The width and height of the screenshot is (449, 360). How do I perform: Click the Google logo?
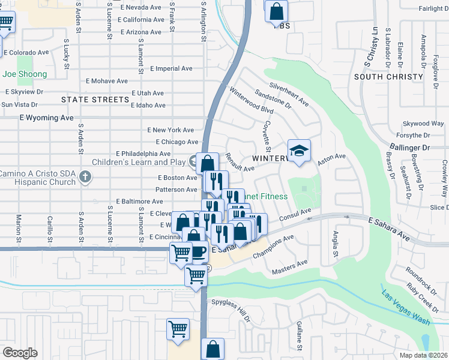[20, 353]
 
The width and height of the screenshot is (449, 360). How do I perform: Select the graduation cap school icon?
[299, 151]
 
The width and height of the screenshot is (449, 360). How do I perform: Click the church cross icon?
[85, 176]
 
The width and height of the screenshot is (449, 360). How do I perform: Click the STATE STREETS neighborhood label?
[95, 99]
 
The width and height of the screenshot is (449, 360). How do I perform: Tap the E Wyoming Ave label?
[46, 118]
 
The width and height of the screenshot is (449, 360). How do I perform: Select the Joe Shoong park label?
[25, 74]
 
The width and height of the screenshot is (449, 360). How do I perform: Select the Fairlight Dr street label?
[430, 8]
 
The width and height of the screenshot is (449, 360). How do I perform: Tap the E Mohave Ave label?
[107, 81]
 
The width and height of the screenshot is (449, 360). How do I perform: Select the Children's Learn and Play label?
[138, 162]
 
